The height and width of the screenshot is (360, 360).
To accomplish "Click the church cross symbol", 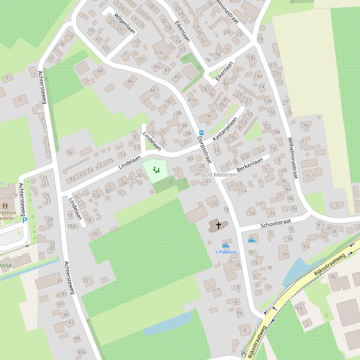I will (x=218, y=226).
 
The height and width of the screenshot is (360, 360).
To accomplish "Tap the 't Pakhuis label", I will (x=226, y=252).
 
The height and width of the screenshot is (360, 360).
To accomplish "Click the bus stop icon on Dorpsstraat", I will (x=201, y=133).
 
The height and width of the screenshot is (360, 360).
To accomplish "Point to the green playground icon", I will (x=156, y=171).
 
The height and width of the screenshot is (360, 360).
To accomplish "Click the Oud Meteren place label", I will (x=219, y=174).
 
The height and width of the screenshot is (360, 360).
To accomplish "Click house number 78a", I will (x=297, y=308).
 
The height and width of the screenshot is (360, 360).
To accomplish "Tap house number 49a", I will (x=82, y=352).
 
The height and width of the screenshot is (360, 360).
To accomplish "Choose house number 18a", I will (x=71, y=226).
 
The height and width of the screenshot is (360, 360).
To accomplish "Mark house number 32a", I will (x=96, y=195).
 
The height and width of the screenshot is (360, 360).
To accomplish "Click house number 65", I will (x=306, y=246).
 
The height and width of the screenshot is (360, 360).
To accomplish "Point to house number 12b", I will (x=268, y=101).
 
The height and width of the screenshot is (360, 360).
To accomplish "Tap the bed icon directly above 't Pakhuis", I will (x=226, y=245).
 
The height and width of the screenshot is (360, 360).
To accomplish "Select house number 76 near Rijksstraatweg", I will (x=332, y=276).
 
